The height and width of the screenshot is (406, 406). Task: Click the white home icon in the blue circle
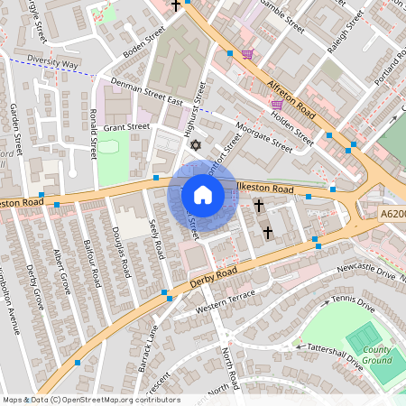202,195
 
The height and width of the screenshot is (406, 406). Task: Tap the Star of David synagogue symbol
194,144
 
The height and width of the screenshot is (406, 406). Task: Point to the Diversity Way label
53,64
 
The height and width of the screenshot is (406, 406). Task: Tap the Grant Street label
125,127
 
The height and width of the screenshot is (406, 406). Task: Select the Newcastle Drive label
366,270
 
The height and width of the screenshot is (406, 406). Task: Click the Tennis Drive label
352,304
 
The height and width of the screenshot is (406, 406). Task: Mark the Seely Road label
155,237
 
